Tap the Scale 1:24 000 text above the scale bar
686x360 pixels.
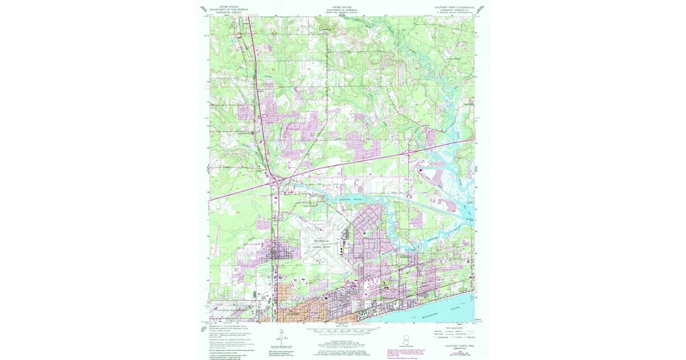click(342, 326)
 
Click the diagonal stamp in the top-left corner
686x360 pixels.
click(204, 9)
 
